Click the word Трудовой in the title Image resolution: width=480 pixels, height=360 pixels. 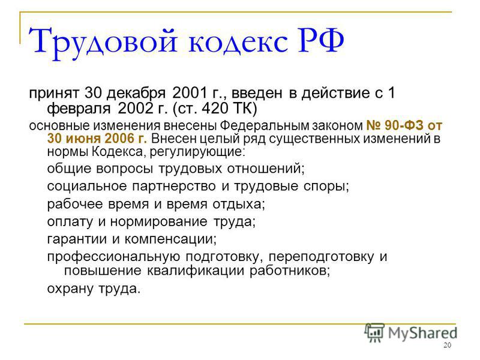pyautogui.click(x=103, y=42)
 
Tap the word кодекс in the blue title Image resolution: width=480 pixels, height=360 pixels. pyautogui.click(x=238, y=41)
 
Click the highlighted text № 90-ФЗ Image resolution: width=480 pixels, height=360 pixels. pyautogui.click(x=395, y=125)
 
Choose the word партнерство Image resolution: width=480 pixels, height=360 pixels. pyautogui.click(x=174, y=186)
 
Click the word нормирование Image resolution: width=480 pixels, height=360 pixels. pyautogui.click(x=158, y=221)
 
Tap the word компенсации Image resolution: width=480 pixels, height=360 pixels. pyautogui.click(x=170, y=239)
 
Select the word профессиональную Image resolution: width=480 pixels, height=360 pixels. pyautogui.click(x=113, y=257)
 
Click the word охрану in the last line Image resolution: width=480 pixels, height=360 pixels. pyautogui.click(x=70, y=289)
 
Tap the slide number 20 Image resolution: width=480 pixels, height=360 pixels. pyautogui.click(x=447, y=346)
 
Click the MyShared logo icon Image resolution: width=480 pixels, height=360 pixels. pyautogui.click(x=374, y=333)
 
